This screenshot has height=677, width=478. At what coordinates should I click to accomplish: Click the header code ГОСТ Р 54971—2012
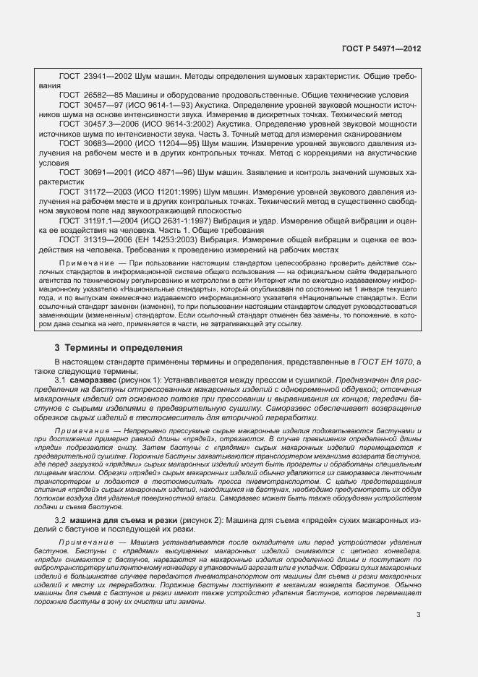[x=381, y=48]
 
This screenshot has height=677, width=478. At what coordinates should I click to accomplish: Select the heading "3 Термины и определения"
[x=119, y=348]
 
